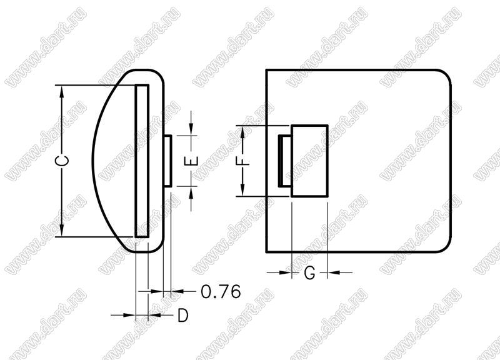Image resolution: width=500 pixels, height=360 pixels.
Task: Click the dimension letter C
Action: click(64, 161)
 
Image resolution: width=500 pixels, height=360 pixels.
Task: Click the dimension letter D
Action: click(183, 316)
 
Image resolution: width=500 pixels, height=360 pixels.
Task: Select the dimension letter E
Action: click(192, 161)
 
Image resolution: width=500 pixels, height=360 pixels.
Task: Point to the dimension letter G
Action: click(309, 273)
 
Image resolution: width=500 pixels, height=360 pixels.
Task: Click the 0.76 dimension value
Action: click(221, 291)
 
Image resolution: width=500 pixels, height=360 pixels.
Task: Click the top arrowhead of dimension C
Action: click(62, 91)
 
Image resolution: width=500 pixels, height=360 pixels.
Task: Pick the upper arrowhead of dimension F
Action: click(242, 131)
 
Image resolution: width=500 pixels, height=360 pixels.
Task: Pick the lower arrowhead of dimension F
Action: click(242, 190)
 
